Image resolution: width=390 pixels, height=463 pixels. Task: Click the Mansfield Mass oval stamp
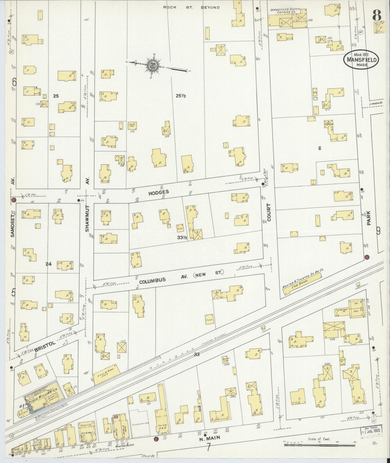click(361, 60)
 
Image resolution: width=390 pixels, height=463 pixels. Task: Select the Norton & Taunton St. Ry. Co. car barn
click(302, 283)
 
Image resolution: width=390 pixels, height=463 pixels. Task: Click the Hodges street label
click(158, 192)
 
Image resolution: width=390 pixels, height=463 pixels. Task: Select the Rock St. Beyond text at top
click(191, 7)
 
